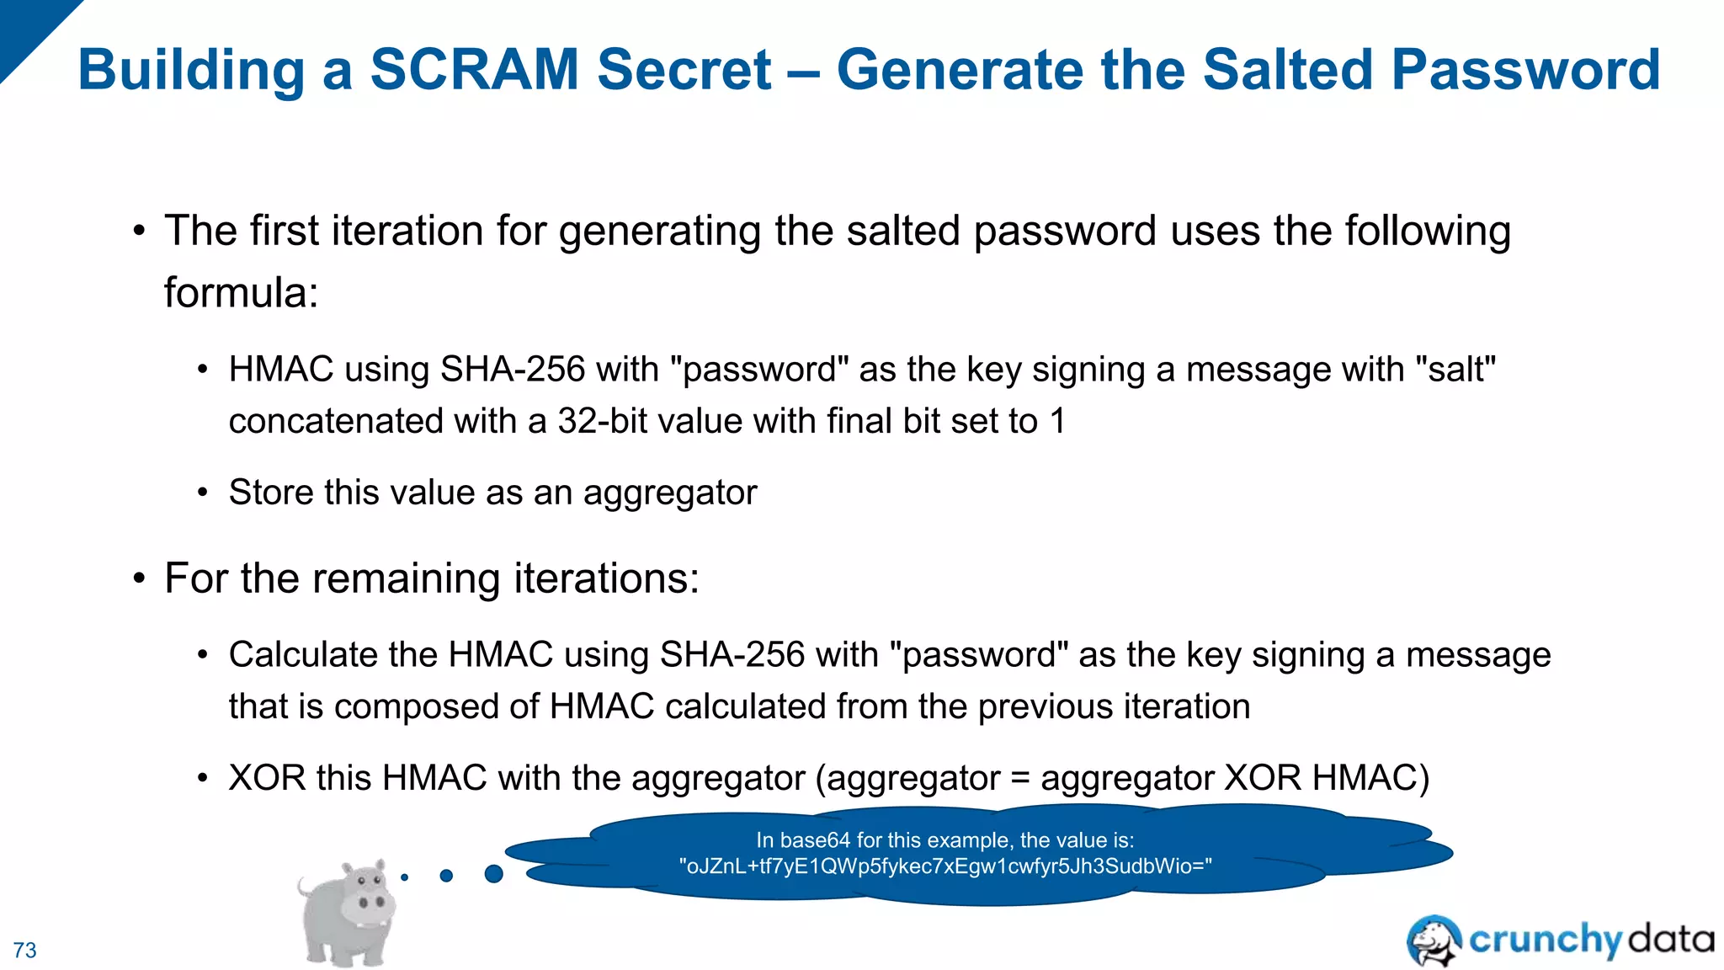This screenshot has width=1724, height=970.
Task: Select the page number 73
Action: pos(25,950)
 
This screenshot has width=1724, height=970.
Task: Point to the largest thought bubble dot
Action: pos(494,874)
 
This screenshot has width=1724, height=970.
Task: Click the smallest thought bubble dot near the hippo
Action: pos(405,877)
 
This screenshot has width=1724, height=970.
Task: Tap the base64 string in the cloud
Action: pos(945,866)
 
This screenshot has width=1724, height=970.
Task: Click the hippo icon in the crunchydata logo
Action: pos(1434,940)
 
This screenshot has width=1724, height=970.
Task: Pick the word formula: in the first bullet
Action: pos(241,293)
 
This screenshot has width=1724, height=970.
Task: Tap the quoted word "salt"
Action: pos(1456,370)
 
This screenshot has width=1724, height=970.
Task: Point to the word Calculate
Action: pos(333,655)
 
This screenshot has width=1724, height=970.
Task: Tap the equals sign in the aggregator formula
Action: pos(1020,778)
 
